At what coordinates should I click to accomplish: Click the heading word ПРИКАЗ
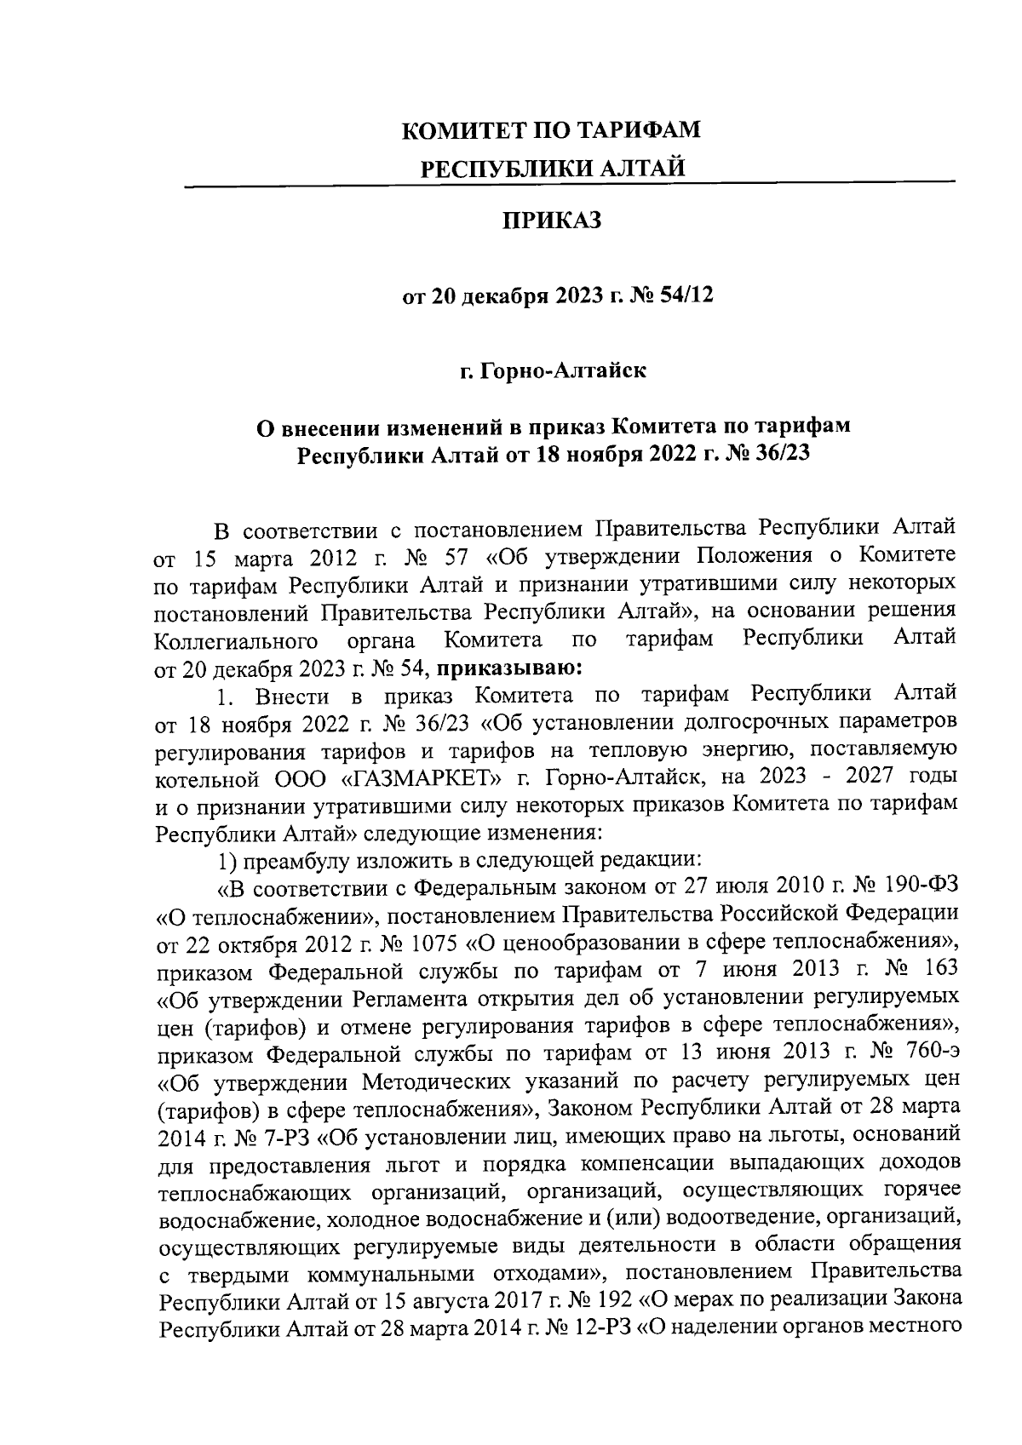coord(551,221)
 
